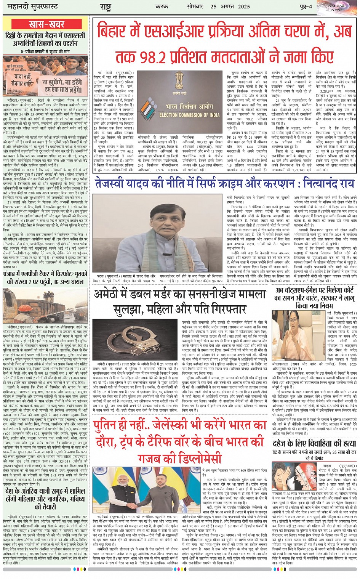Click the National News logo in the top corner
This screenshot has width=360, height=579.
click(x=336, y=7)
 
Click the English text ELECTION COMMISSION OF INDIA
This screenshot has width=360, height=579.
click(x=189, y=115)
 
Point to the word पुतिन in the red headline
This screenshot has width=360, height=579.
click(x=110, y=425)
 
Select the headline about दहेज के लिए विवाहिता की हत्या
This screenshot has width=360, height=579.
click(x=314, y=443)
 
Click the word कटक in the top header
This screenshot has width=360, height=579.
click(x=162, y=6)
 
